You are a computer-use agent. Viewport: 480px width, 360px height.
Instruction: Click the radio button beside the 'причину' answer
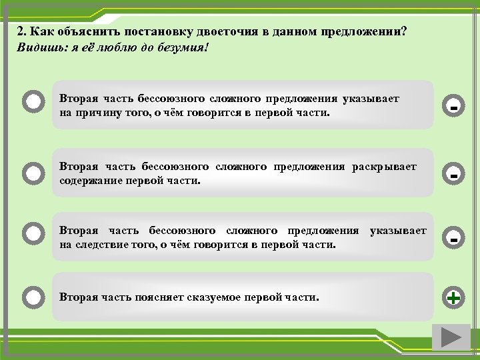(33, 103)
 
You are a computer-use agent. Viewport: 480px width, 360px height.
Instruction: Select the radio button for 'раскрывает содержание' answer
(33, 173)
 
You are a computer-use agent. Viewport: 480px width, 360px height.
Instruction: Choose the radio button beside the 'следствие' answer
(33, 234)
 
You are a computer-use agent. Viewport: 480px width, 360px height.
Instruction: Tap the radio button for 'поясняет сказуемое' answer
(33, 295)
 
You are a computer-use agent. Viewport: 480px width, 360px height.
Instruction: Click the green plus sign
(453, 298)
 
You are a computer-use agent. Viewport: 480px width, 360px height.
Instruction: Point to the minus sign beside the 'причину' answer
(453, 106)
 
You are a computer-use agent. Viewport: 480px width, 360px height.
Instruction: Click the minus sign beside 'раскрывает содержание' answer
(453, 175)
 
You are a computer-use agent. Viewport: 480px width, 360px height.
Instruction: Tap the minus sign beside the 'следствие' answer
(453, 237)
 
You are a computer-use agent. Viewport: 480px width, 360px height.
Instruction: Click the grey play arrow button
(451, 337)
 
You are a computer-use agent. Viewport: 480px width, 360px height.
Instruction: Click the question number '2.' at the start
(23, 32)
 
